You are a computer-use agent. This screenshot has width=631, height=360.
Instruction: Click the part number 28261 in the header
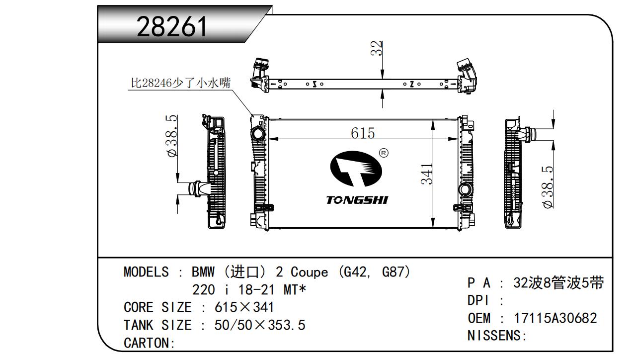(171, 26)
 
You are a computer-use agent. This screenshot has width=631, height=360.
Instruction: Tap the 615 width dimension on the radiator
(363, 133)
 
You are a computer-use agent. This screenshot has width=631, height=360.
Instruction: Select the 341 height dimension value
(427, 174)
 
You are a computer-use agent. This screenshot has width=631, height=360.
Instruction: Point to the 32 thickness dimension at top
(376, 48)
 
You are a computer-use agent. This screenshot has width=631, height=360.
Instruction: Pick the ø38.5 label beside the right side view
(548, 187)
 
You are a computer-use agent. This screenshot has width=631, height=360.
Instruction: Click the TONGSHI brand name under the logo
(357, 200)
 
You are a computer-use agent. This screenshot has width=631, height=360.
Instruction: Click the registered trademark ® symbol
(384, 153)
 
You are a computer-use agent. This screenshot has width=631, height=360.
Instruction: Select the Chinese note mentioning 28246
(181, 83)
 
